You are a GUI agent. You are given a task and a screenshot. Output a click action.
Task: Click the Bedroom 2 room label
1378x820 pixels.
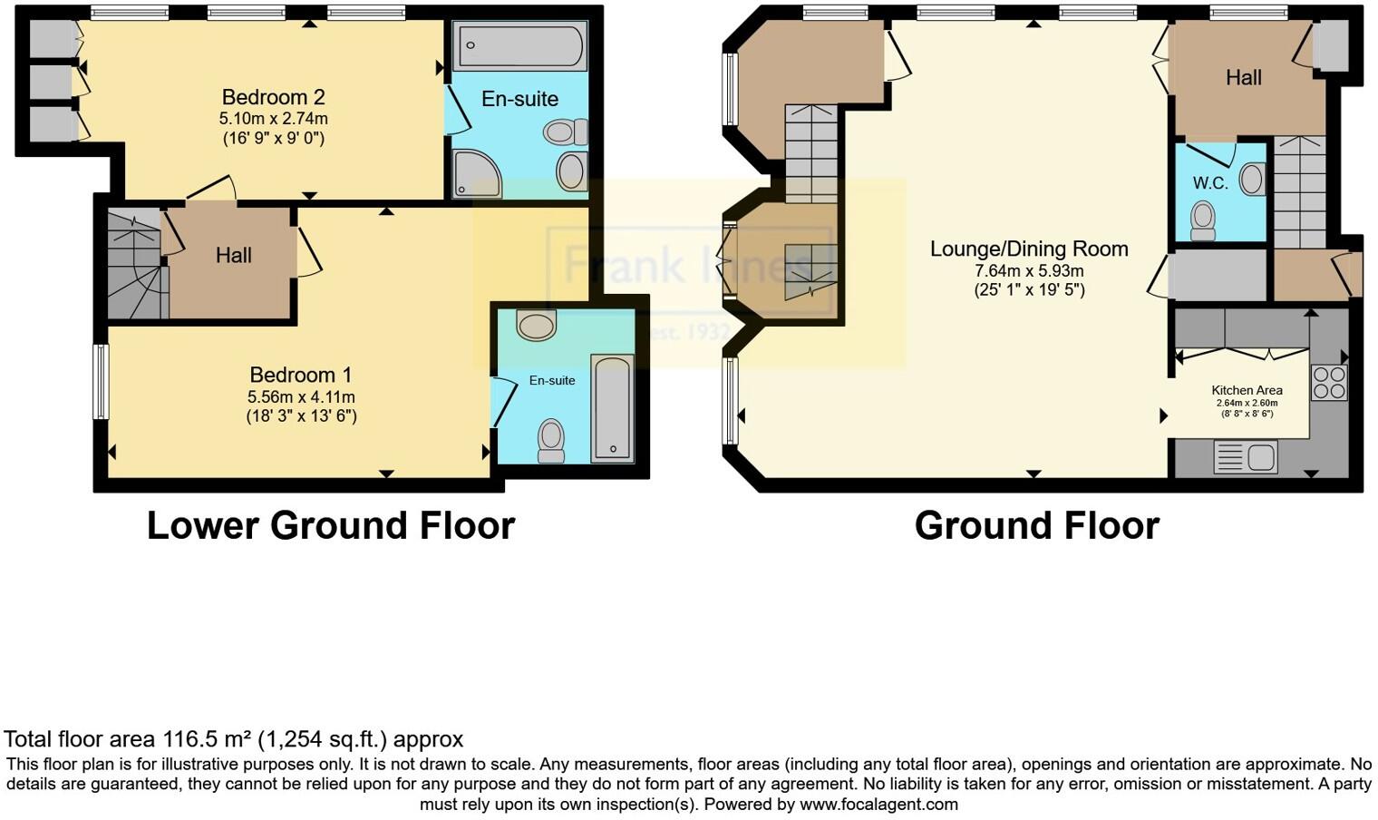coord(273,97)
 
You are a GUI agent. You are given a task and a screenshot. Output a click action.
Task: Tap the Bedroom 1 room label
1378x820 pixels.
coord(300,375)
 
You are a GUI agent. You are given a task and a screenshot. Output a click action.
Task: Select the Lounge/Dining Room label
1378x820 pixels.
coord(1029,249)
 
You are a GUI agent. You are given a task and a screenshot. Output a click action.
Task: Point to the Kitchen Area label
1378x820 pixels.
coord(1247,390)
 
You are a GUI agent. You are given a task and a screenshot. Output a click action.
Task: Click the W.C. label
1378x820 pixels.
coord(1209,183)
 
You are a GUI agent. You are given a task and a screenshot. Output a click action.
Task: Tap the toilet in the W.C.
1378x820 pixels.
coord(1203,220)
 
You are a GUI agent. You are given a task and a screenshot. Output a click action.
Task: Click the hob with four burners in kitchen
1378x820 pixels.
coord(1329,382)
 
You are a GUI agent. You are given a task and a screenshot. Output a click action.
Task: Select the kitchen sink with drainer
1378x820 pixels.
coord(1246,457)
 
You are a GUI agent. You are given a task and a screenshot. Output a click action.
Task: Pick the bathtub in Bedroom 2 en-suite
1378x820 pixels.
coord(520,46)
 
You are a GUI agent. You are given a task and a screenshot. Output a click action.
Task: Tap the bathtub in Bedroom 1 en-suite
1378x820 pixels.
coord(612,408)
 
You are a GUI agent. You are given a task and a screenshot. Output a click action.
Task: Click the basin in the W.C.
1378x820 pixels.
coord(1253,179)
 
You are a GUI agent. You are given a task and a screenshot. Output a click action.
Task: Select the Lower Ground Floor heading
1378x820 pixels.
coord(331,526)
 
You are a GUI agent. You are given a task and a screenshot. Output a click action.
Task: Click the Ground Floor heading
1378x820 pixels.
coord(1036,526)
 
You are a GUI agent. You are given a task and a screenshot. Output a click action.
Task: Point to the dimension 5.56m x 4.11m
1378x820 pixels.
coord(301,397)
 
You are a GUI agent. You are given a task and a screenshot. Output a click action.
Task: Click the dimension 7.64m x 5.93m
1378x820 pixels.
coord(1029,270)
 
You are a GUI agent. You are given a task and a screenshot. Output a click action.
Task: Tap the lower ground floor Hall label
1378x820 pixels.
coord(233,256)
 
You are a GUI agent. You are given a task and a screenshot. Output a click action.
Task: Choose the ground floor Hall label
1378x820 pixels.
coord(1243,78)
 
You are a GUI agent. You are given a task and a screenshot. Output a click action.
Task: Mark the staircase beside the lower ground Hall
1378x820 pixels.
coord(136,265)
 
